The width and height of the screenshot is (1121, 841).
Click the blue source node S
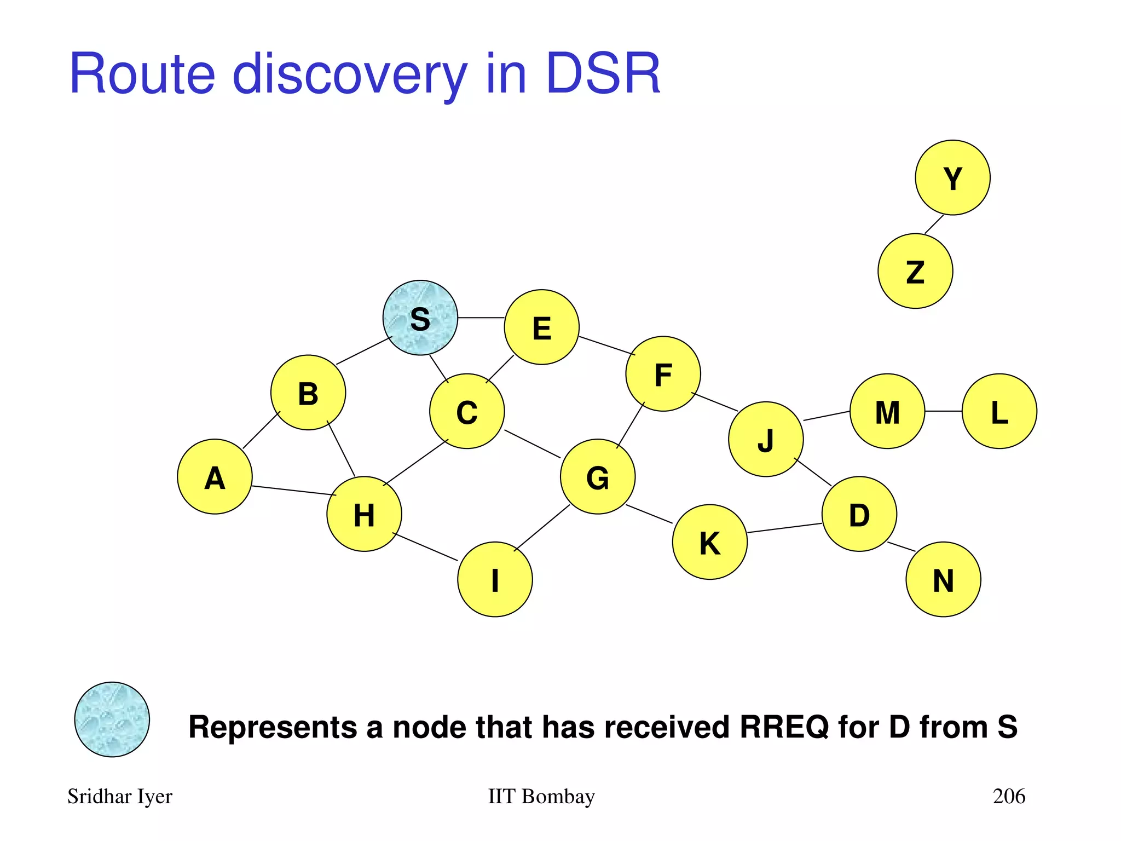coord(420,318)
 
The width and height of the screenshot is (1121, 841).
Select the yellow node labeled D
coord(859,514)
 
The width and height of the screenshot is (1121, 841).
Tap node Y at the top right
coord(952,177)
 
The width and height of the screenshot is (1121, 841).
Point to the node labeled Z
coord(915,271)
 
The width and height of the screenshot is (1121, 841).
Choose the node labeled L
coord(999,411)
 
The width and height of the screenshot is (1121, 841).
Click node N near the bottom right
coord(943,579)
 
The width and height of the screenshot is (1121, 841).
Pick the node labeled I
coord(495,579)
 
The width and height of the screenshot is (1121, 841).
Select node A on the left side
coord(215,476)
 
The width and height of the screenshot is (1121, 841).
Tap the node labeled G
coord(598,476)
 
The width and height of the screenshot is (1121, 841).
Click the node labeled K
coord(709,542)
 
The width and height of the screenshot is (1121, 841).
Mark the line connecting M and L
coord(943,411)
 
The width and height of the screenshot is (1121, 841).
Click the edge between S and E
coord(481,318)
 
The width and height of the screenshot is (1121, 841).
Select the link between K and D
coord(784,528)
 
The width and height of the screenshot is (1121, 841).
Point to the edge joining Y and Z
coord(934,224)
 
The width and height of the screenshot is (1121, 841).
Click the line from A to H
coord(294,491)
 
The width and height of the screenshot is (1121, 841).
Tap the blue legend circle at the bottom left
coord(112,719)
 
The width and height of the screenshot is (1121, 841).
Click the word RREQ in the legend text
coord(784,727)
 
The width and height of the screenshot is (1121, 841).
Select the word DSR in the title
coord(603,74)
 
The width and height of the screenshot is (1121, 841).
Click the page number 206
coord(1009,796)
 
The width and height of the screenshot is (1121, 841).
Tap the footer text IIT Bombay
coord(541,796)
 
